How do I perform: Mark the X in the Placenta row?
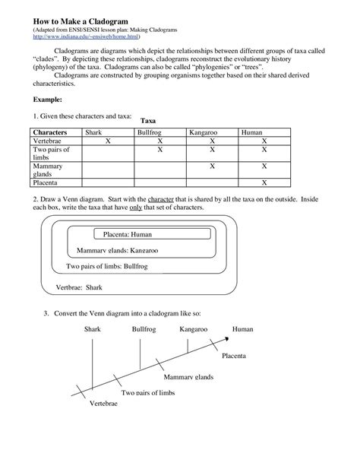264,183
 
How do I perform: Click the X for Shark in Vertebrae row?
107,141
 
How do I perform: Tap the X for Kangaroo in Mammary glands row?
212,164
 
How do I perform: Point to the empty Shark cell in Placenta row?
107,183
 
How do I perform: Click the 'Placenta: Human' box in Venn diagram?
133,235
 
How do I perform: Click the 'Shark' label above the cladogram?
91,330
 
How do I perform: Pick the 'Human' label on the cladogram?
242,330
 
